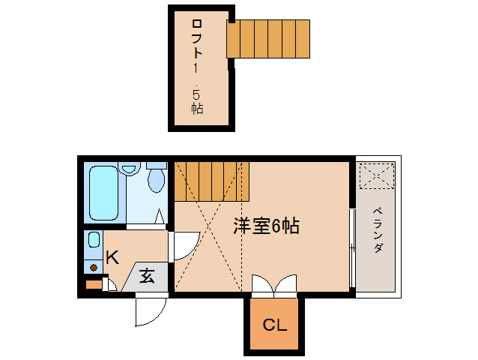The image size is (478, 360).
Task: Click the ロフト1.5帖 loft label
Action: (x=196, y=67)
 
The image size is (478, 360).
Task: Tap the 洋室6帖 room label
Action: (x=266, y=226)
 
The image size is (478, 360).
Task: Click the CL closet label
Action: (x=273, y=325)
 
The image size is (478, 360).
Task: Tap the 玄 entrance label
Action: (x=147, y=276)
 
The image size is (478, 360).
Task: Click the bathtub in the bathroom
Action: (x=103, y=193)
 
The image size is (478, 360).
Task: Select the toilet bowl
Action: (x=156, y=179)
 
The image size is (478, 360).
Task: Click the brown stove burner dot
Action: (x=94, y=266)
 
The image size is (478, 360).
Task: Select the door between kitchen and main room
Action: (x=184, y=244)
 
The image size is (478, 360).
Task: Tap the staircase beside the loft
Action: (x=268, y=38)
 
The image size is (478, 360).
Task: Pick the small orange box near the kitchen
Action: (x=93, y=284)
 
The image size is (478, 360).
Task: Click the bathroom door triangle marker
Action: (x=160, y=218)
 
